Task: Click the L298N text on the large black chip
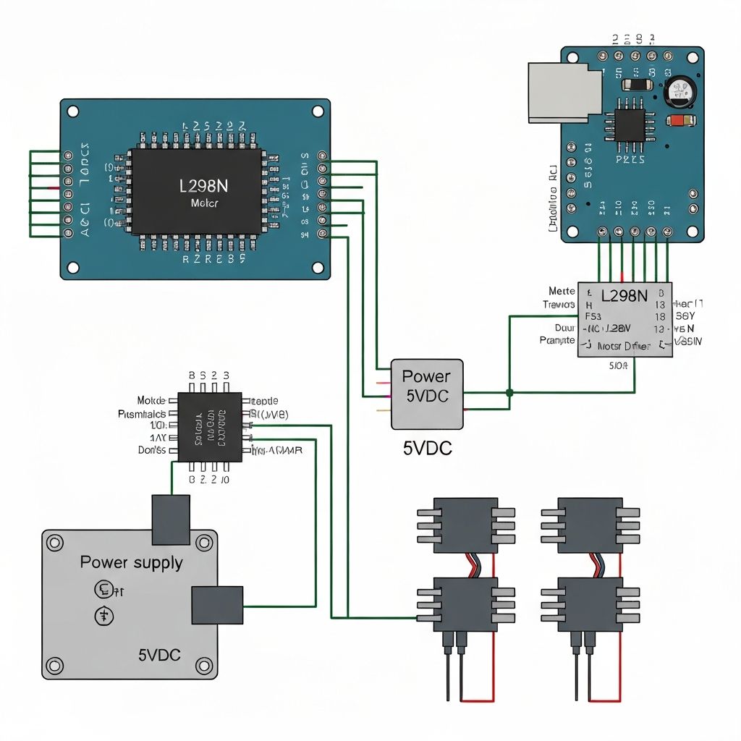pyautogui.click(x=203, y=186)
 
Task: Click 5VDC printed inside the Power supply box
pyautogui.click(x=159, y=656)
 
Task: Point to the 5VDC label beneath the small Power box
pyautogui.click(x=427, y=449)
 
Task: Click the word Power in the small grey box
pyautogui.click(x=425, y=376)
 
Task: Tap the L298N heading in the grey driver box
pyautogui.click(x=624, y=295)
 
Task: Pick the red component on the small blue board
pyautogui.click(x=680, y=120)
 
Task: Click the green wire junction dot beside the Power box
pyautogui.click(x=509, y=392)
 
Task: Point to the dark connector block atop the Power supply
pyautogui.click(x=171, y=520)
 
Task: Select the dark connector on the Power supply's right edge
pyautogui.click(x=217, y=605)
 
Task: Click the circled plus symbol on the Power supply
pyautogui.click(x=105, y=616)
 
